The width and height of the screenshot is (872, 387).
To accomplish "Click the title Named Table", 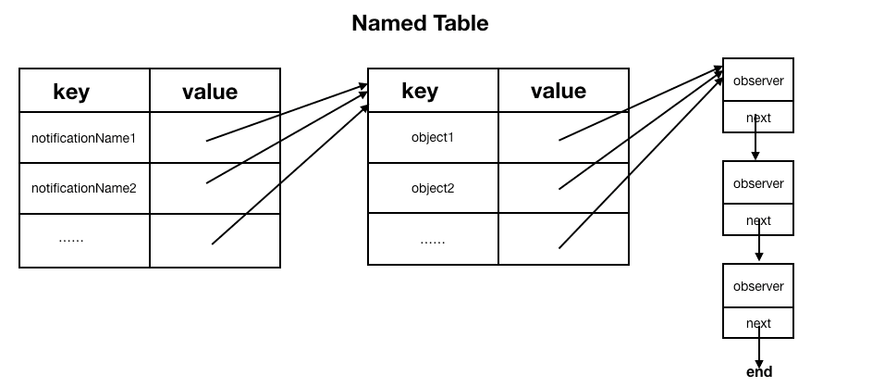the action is point(420,23).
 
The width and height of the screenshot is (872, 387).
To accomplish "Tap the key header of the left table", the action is point(71,92).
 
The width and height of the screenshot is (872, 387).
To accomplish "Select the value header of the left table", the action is point(210,92).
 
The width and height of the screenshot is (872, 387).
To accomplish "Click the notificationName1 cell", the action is point(83,138).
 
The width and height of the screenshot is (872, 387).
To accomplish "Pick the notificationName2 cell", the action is point(83,188).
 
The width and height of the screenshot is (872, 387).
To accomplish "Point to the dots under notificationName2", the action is point(71,240).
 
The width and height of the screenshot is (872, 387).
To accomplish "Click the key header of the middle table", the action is point(420,91).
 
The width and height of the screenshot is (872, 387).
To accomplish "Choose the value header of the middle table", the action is point(559,91).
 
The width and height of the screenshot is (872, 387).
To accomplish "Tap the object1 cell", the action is point(433,138).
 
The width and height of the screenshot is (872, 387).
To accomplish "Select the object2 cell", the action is point(433,188).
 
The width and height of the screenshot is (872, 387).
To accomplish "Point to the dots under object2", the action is point(433,243).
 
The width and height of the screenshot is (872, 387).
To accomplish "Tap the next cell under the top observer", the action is point(758,117).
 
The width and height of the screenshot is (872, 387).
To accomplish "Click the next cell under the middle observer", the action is point(758,220).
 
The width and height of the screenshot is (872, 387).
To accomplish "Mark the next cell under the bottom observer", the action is point(758,323).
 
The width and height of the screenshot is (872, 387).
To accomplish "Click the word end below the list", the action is point(759,372).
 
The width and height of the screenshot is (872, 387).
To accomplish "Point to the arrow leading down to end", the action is point(758,347).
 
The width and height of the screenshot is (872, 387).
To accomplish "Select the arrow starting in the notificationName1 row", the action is point(287,112).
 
